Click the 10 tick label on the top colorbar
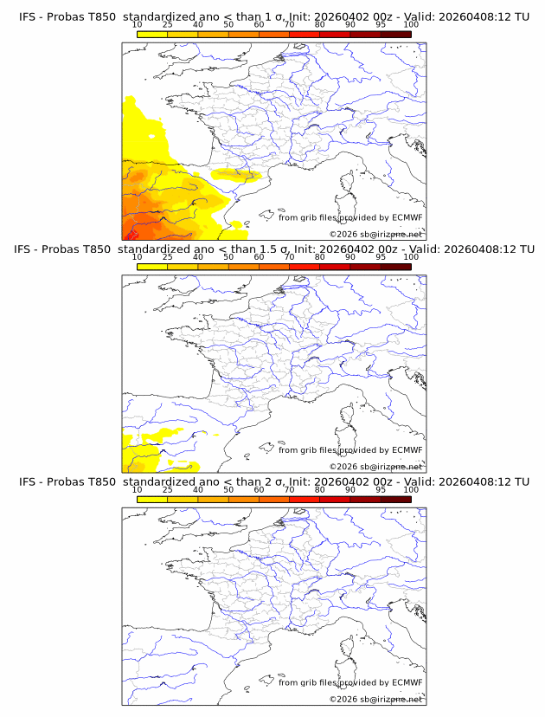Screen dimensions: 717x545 [x=138, y=25]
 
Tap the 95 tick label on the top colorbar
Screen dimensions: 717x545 [x=381, y=25]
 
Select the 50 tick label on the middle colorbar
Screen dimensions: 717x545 [x=228, y=257]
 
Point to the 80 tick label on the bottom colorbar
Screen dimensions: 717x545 [x=320, y=489]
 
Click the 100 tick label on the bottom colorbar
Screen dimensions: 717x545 [x=411, y=489]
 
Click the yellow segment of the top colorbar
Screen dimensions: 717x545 [x=152, y=34]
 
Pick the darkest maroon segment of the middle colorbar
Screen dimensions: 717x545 [x=395, y=266]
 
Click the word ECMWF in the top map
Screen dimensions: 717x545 [x=407, y=217]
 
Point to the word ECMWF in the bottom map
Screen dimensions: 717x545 [x=407, y=682]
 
